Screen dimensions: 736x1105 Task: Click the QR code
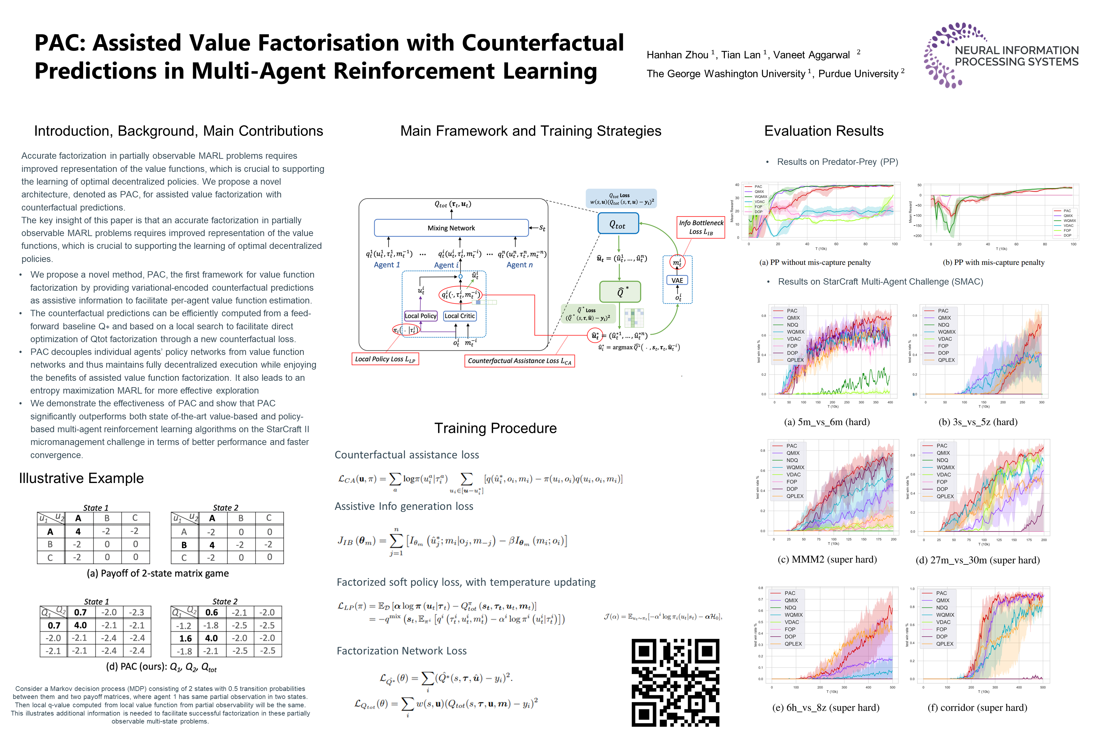point(675,682)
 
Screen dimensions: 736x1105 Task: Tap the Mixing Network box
point(451,228)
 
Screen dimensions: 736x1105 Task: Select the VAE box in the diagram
point(677,280)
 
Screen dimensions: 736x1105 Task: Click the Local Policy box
point(420,316)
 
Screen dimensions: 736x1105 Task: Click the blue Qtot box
point(618,224)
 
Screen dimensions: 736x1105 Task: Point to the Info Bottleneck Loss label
point(701,227)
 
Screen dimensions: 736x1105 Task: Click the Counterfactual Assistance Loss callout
point(519,361)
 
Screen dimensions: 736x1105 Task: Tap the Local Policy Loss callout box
point(385,359)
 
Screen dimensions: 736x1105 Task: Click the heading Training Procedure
point(495,428)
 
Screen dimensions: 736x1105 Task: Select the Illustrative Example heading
point(81,478)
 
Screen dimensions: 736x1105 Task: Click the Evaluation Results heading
point(824,131)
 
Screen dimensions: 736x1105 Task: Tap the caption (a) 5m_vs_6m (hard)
point(827,422)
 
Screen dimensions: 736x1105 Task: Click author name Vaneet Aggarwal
point(811,55)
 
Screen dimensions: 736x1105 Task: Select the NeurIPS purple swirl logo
point(944,55)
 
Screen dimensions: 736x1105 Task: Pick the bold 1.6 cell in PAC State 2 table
point(185,638)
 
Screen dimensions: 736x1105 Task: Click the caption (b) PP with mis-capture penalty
point(994,262)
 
